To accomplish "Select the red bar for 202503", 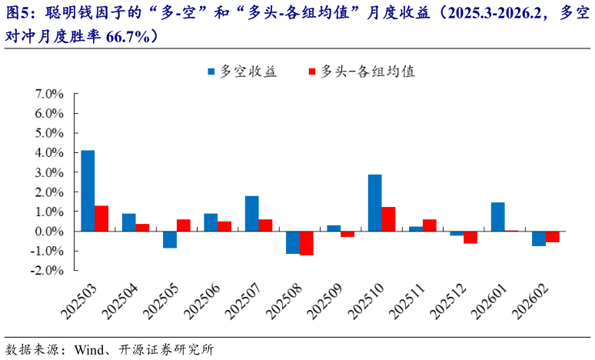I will click(x=101, y=218).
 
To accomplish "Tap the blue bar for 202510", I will click(x=374, y=203).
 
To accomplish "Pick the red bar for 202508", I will click(x=307, y=243).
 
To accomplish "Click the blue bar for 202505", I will click(x=170, y=239).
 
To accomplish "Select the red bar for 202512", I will click(x=470, y=237).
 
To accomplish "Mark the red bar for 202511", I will click(x=429, y=225).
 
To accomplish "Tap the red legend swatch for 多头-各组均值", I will click(x=312, y=72).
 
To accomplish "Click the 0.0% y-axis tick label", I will click(x=49, y=231).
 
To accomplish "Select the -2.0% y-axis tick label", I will click(x=47, y=271).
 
